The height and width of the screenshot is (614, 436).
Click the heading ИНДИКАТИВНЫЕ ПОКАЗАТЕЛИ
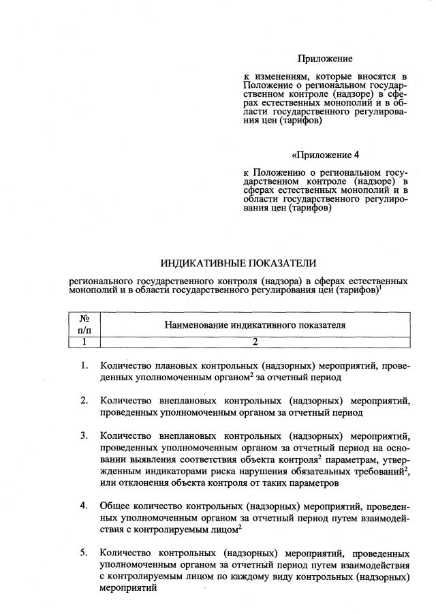pos(239,263)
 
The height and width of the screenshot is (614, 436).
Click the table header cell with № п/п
pos(85,324)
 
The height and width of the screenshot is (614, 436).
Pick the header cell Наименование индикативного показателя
pos(255,325)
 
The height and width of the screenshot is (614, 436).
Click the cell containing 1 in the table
pos(85,341)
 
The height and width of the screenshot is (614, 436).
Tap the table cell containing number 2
pos(255,341)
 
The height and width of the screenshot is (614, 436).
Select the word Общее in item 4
pos(115,506)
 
